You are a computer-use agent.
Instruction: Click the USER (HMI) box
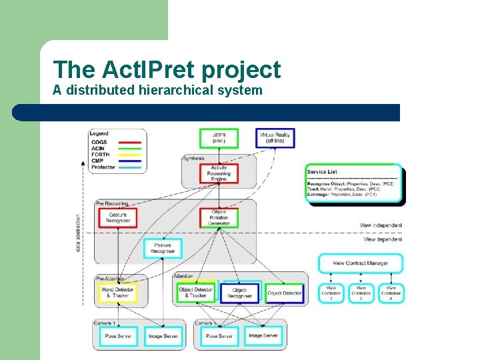[219, 139]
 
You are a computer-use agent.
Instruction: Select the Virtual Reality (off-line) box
[275, 138]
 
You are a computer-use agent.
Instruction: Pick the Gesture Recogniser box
[117, 218]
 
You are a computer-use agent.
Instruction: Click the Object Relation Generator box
[219, 218]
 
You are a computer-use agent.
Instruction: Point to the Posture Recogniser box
[163, 249]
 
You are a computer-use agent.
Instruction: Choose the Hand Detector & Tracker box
[117, 293]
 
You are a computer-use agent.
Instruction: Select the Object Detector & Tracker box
[196, 293]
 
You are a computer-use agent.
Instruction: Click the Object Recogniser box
[240, 293]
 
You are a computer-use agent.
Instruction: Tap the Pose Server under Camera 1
[119, 336]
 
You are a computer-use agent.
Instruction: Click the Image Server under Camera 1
[163, 336]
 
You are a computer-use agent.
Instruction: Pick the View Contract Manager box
[360, 263]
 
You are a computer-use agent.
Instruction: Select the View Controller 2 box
[361, 293]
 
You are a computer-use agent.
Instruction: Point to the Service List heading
[322, 172]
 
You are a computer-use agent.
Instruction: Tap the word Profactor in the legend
[103, 167]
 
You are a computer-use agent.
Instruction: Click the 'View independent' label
[381, 226]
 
